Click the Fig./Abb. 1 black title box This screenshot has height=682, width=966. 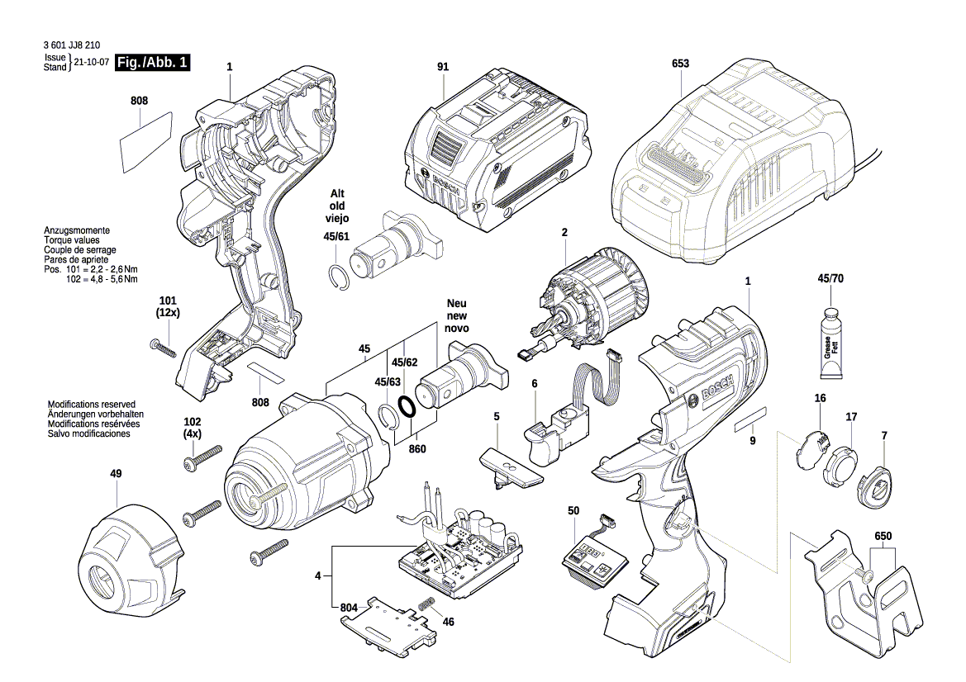(153, 63)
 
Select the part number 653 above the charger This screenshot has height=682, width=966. (680, 64)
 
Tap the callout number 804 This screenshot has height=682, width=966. (350, 609)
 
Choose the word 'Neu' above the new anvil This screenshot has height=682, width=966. (457, 303)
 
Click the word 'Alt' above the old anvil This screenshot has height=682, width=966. (337, 193)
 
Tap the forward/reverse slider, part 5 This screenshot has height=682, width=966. (510, 467)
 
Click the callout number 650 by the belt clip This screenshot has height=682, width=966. (883, 536)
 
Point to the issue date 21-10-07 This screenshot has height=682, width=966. (92, 63)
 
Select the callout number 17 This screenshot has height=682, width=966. (850, 418)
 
